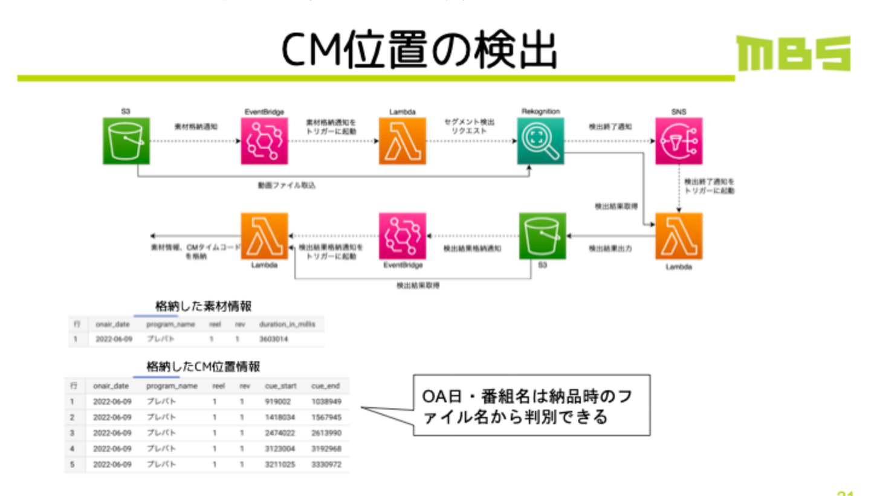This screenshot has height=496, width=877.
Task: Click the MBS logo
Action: pyautogui.click(x=794, y=53)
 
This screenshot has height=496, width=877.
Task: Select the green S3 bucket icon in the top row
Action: pyautogui.click(x=126, y=141)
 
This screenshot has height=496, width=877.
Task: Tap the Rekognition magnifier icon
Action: pyautogui.click(x=540, y=141)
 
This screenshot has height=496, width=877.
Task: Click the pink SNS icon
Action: pyautogui.click(x=679, y=141)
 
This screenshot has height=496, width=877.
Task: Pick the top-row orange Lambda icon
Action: pyautogui.click(x=402, y=141)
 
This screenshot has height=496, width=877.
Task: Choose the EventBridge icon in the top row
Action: pyautogui.click(x=264, y=141)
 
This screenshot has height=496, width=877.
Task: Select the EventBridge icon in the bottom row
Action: pyautogui.click(x=402, y=236)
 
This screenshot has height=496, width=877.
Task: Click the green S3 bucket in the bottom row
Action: pyautogui.click(x=542, y=236)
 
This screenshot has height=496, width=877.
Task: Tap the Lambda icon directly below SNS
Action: pyautogui.click(x=679, y=236)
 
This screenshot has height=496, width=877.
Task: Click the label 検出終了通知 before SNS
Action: pyautogui.click(x=610, y=127)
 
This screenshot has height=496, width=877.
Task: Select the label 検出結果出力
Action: pyautogui.click(x=609, y=249)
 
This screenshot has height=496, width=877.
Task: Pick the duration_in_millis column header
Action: pyautogui.click(x=286, y=324)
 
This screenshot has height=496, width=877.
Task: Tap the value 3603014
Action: pyautogui.click(x=273, y=339)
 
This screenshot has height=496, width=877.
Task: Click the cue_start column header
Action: pyautogui.click(x=280, y=385)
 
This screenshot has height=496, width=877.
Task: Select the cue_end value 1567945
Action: pyautogui.click(x=326, y=417)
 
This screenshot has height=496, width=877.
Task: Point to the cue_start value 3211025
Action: pyautogui.click(x=279, y=465)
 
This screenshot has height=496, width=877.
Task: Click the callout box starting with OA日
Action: pyautogui.click(x=531, y=405)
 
